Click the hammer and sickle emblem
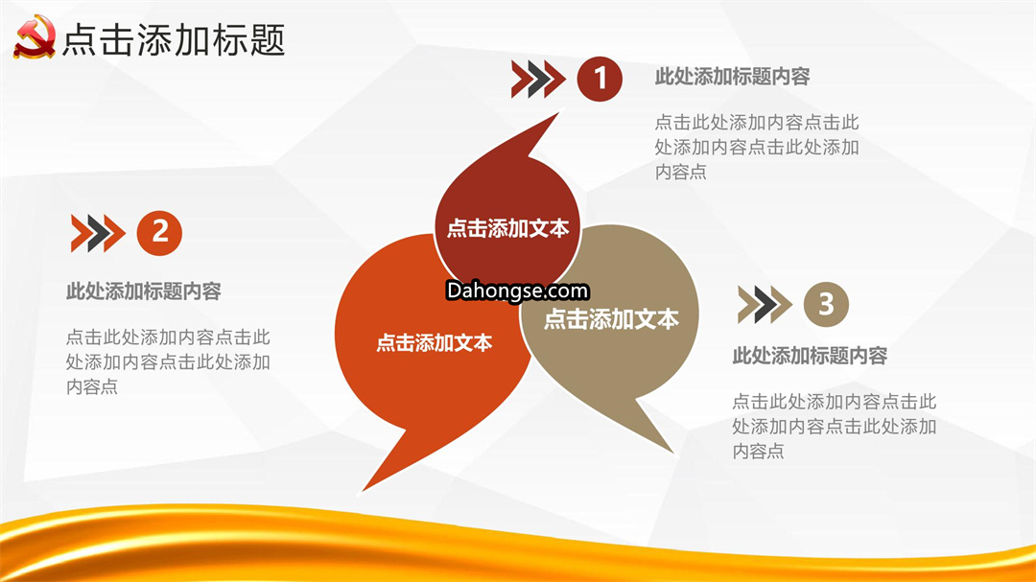[35, 37]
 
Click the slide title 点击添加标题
[174, 39]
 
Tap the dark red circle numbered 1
[600, 79]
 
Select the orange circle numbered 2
[159, 233]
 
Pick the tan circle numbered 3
[826, 305]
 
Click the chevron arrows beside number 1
[538, 80]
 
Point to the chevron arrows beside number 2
[98, 233]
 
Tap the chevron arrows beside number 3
[765, 305]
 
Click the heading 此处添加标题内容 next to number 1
[732, 77]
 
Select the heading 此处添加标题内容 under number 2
[143, 291]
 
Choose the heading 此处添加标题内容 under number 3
[810, 356]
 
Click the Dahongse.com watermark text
[517, 291]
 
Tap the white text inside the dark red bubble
[507, 228]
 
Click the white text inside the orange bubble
[435, 343]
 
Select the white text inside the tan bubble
[611, 319]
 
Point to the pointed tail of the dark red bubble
[557, 114]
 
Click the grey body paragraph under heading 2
[168, 362]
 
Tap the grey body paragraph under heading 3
[834, 426]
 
